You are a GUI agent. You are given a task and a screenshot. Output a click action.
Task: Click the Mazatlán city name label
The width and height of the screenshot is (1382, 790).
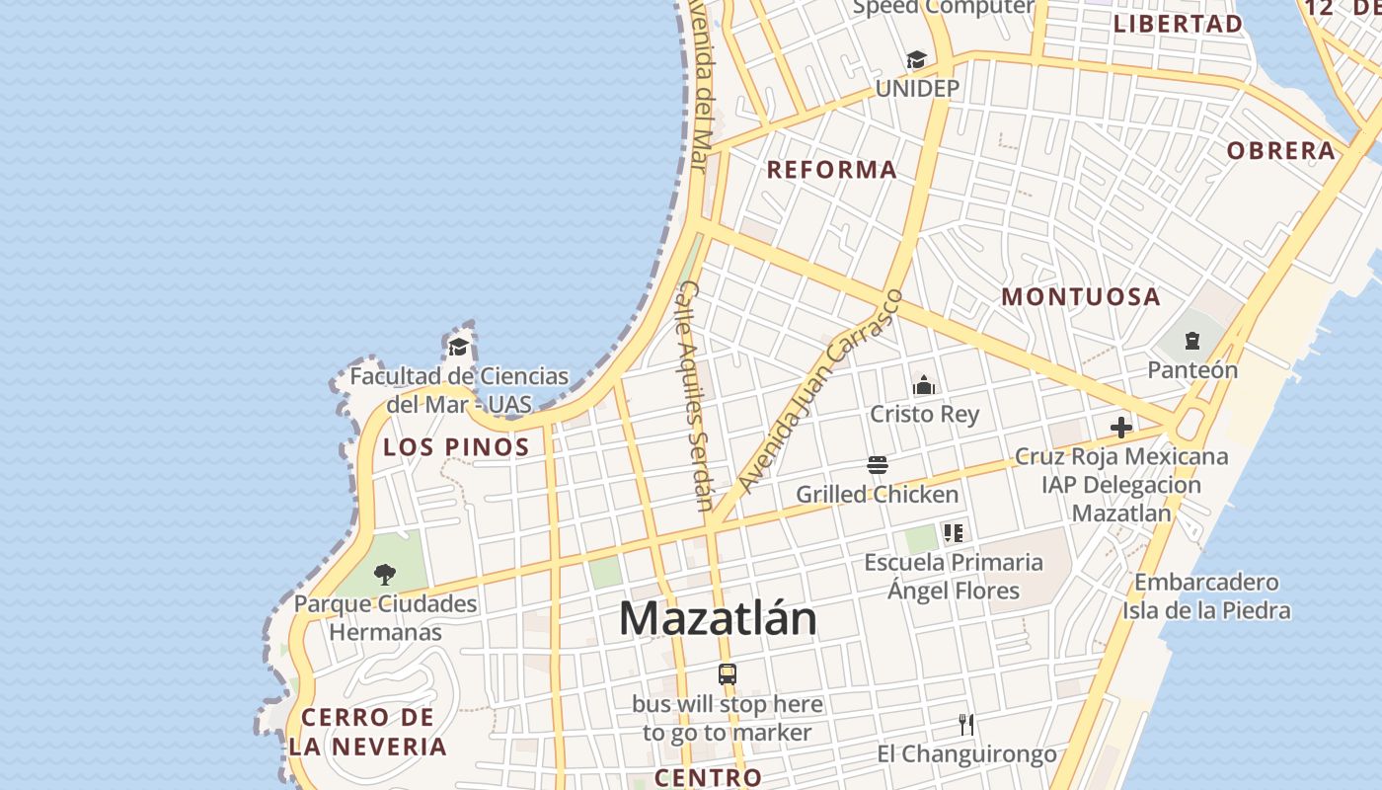coord(718,619)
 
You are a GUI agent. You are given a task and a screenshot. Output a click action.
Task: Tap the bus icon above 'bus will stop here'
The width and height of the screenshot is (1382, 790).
coord(728,674)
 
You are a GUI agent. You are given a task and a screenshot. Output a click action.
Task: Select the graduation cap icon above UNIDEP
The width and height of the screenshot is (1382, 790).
coord(917,60)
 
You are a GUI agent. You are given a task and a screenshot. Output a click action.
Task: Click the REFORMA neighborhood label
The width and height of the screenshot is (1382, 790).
coord(832,170)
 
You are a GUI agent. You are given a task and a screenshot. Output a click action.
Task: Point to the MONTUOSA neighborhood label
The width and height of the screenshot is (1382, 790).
coord(1081,296)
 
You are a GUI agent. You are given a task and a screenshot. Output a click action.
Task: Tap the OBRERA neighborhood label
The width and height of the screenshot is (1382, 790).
coord(1280,151)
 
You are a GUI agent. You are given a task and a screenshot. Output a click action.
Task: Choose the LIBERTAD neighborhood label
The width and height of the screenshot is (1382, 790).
coord(1178,24)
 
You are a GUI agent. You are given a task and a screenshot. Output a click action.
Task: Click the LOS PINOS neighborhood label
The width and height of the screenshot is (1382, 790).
coord(456,447)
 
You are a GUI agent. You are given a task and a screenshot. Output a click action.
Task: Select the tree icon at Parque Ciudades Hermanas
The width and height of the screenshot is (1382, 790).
coord(385,575)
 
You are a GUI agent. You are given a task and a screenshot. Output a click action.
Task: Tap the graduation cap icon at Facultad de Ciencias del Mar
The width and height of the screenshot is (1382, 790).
coord(458,347)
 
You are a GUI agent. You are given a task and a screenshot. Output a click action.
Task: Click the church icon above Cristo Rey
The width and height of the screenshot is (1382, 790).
coord(924,385)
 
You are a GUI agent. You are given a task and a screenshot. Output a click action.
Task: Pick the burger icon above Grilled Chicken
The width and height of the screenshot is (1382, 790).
coord(877,465)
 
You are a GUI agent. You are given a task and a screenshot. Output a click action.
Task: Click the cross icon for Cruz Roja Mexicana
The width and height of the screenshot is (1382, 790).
coord(1121,428)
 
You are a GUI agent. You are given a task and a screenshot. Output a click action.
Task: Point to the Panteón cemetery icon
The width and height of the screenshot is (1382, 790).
coord(1191,342)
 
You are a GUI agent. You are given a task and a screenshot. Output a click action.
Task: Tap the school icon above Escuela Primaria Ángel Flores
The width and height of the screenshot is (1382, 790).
coord(953,533)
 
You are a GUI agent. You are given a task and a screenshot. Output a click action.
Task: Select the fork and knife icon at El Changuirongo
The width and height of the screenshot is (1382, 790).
coord(966,725)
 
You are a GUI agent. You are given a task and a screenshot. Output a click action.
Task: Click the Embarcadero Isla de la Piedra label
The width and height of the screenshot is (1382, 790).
coord(1205,596)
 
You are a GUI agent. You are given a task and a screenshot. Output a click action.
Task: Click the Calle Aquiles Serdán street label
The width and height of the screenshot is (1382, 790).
coord(696,395)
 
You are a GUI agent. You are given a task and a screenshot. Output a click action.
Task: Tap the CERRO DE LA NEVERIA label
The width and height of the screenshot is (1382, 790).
coord(368,732)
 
